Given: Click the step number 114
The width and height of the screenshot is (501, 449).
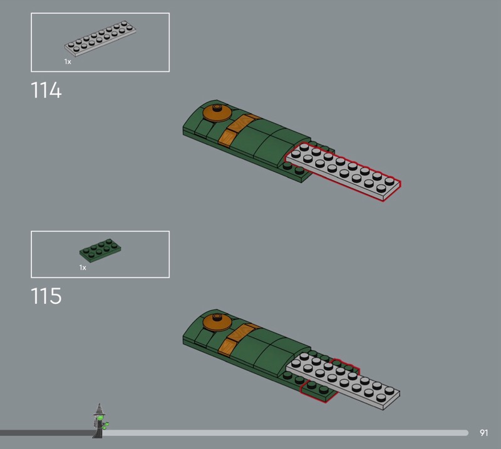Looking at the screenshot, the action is pyautogui.click(x=46, y=90).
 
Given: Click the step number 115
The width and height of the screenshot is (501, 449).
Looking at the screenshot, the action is pyautogui.click(x=46, y=296).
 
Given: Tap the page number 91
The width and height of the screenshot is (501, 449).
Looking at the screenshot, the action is pyautogui.click(x=483, y=433).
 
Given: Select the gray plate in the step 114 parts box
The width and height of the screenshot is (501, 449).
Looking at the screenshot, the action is pyautogui.click(x=100, y=39).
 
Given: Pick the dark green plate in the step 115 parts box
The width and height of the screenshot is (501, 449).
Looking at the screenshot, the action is pyautogui.click(x=100, y=251).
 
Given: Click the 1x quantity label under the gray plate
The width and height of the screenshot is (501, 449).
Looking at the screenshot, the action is pyautogui.click(x=68, y=61).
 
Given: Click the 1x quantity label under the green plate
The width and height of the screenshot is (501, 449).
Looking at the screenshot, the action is pyautogui.click(x=83, y=268).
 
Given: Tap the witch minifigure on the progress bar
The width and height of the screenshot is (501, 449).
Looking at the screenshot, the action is pyautogui.click(x=100, y=421).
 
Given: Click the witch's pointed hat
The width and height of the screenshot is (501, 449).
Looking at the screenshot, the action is pyautogui.click(x=99, y=410).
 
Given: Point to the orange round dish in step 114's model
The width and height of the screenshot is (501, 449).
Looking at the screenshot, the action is pyautogui.click(x=217, y=113).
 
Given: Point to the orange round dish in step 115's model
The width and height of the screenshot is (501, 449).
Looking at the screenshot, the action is pyautogui.click(x=217, y=322).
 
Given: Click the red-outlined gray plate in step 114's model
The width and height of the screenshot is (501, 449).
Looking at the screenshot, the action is pyautogui.click(x=343, y=171).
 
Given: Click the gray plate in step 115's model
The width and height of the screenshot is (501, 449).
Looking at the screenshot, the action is pyautogui.click(x=343, y=381).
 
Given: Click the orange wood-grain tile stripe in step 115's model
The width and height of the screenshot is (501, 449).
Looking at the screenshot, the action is pyautogui.click(x=237, y=340).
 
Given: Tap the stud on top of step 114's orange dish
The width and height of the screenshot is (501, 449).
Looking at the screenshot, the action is pyautogui.click(x=217, y=107).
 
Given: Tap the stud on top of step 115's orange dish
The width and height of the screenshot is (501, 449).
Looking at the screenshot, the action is pyautogui.click(x=217, y=316).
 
